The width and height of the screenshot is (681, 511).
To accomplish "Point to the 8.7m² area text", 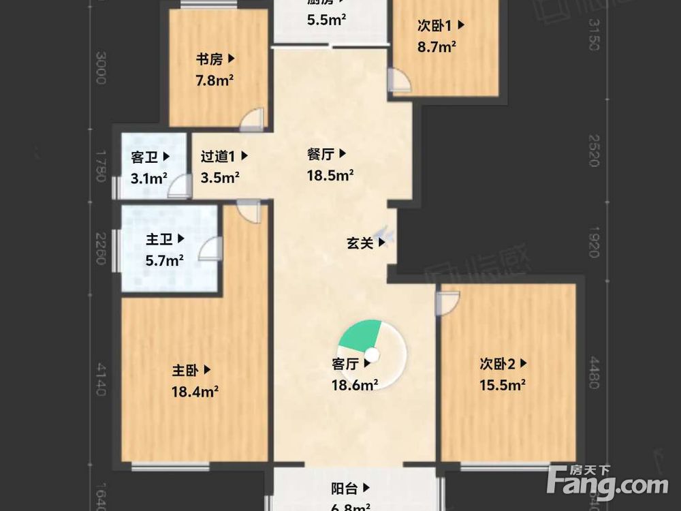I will point(437,47).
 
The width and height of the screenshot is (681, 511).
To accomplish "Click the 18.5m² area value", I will point(330,176).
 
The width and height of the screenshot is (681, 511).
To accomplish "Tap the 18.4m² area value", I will point(195,392).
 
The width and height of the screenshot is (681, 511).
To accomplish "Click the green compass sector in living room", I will point(360,335).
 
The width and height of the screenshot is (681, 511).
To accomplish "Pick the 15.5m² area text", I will point(502,385).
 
